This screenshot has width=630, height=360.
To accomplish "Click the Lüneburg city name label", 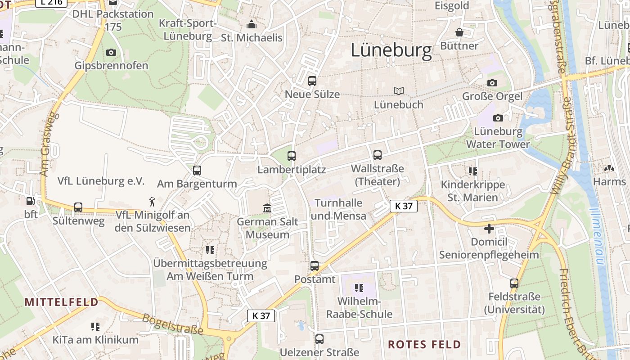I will [x=391, y=50].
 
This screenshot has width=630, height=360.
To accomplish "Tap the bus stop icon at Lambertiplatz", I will [x=292, y=156].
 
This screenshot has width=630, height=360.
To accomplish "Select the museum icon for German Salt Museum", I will [x=267, y=208].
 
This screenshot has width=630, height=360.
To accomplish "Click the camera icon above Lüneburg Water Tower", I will [x=498, y=118].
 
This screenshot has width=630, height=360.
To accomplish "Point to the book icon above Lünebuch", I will [x=398, y=91].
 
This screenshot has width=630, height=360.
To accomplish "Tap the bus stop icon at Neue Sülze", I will [x=312, y=81].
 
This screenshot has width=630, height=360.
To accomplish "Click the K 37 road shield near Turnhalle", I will [x=403, y=206].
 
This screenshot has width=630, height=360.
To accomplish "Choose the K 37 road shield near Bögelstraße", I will [x=261, y=315].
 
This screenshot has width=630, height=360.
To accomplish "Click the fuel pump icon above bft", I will [x=31, y=201].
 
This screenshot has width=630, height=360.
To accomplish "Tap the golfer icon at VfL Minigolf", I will [x=153, y=201].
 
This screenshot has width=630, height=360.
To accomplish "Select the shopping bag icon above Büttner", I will [x=459, y=32].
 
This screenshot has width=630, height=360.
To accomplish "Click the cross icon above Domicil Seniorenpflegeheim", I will [x=489, y=229].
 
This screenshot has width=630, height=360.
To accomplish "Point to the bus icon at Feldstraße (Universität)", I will [x=514, y=283].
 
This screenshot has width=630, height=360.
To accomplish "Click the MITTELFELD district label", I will [x=61, y=302].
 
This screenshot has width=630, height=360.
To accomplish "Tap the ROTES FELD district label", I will [x=424, y=345].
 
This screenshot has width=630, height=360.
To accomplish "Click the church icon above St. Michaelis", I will [x=251, y=24].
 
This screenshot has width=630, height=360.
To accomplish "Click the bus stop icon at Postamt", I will [x=315, y=266].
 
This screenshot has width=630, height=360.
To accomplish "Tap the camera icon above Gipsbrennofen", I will [x=111, y=52].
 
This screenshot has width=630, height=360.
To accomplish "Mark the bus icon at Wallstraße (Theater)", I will [x=377, y=155].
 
